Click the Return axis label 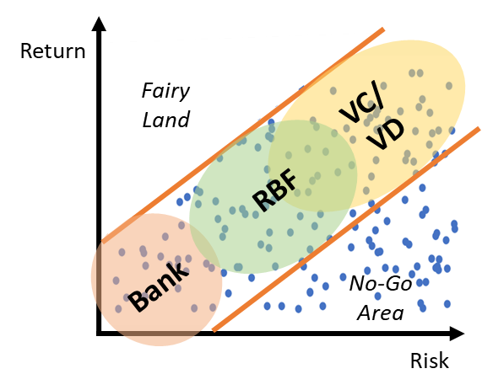(x=52, y=51)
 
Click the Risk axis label (x=430, y=361)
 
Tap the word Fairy (x=165, y=92)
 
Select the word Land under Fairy (x=166, y=120)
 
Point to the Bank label (x=158, y=287)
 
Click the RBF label (x=274, y=190)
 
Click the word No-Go (x=381, y=283)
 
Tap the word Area (x=381, y=313)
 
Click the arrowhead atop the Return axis (x=99, y=24)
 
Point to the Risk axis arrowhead (x=458, y=334)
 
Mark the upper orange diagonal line (x=243, y=136)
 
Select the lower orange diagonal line (x=346, y=229)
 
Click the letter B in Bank (x=138, y=301)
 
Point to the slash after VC (x=377, y=94)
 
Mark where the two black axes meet (x=99, y=334)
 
